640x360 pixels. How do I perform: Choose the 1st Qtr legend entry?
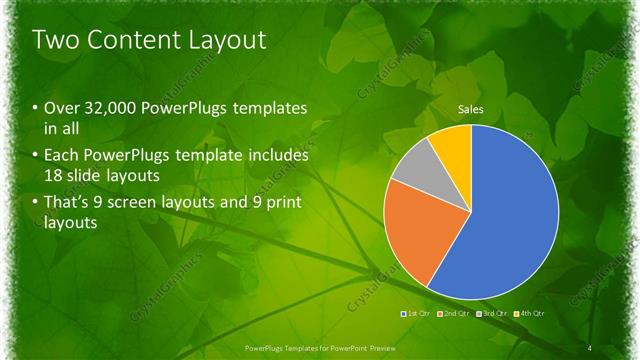pos(418,314)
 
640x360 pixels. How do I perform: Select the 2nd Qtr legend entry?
pos(456,314)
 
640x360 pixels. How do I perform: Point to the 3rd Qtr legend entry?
pos(494,314)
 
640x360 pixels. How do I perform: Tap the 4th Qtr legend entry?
pos(531,314)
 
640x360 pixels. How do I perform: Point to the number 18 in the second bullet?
pos(55,174)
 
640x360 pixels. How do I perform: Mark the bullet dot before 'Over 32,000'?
pos(36,109)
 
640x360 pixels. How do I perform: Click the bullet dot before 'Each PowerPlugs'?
pos(36,156)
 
